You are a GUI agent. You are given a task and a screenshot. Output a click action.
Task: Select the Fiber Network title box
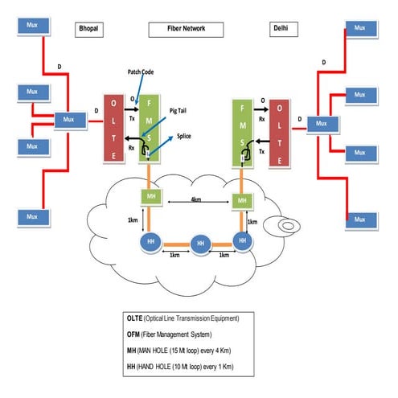[x=187, y=29]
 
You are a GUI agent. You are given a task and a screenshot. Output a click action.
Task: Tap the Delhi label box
[x=281, y=29]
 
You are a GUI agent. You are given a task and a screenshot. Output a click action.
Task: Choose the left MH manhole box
[x=150, y=197]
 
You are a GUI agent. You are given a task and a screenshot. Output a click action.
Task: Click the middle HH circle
[x=201, y=244]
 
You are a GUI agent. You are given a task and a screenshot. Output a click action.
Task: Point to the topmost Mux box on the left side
[x=33, y=25]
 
